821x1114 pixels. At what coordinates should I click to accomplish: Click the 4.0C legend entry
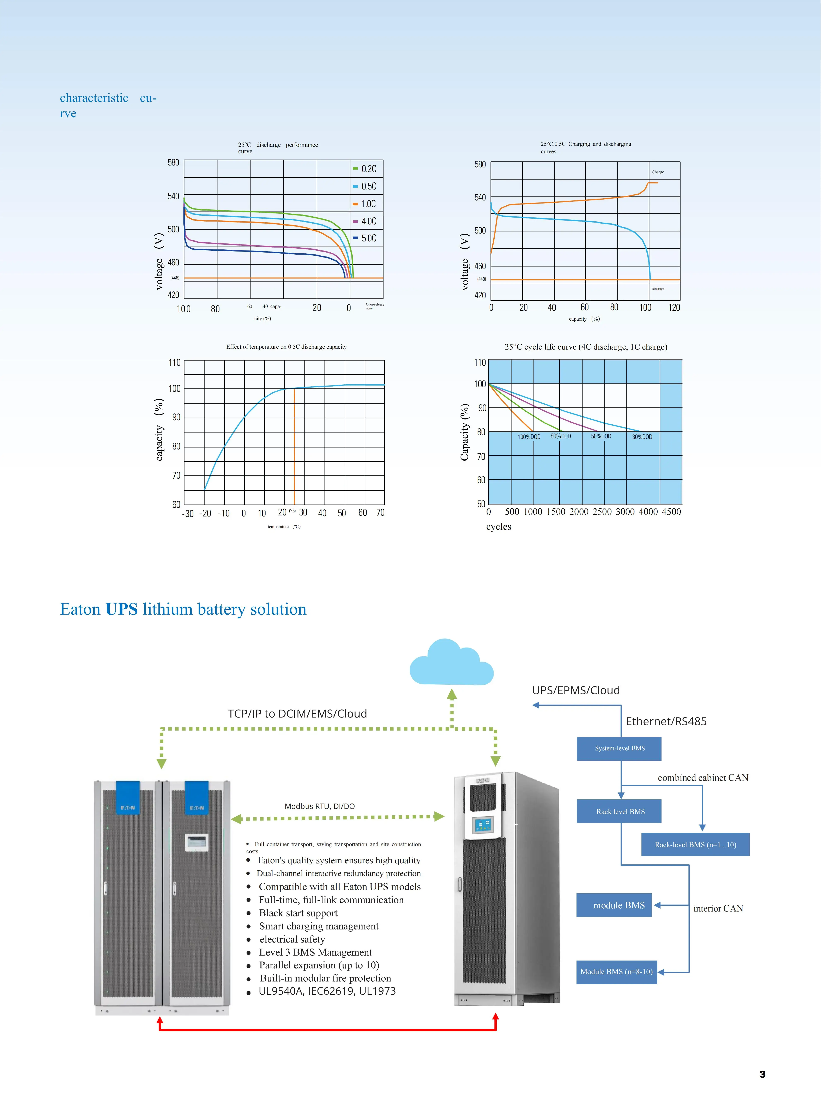(365, 221)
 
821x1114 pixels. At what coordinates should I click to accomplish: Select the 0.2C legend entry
(365, 169)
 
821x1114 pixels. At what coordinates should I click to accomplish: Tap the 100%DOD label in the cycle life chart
(529, 437)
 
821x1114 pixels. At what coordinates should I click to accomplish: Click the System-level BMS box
(619, 748)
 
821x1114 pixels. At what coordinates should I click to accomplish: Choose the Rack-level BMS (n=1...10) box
(695, 845)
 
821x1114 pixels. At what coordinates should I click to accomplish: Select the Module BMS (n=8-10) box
(616, 971)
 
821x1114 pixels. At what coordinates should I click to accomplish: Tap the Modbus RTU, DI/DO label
(320, 806)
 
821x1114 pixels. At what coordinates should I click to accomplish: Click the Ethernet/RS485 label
(666, 721)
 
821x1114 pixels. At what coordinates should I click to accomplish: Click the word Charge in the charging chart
(658, 172)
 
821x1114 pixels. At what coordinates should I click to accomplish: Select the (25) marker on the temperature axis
(292, 511)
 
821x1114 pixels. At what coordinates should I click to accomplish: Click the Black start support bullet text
(298, 913)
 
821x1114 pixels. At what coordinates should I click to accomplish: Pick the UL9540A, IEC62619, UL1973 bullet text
(327, 991)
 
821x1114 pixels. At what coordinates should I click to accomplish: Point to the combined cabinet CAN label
(703, 778)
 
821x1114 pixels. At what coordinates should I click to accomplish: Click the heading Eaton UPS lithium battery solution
(183, 609)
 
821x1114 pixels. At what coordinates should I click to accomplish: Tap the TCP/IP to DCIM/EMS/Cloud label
(297, 714)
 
